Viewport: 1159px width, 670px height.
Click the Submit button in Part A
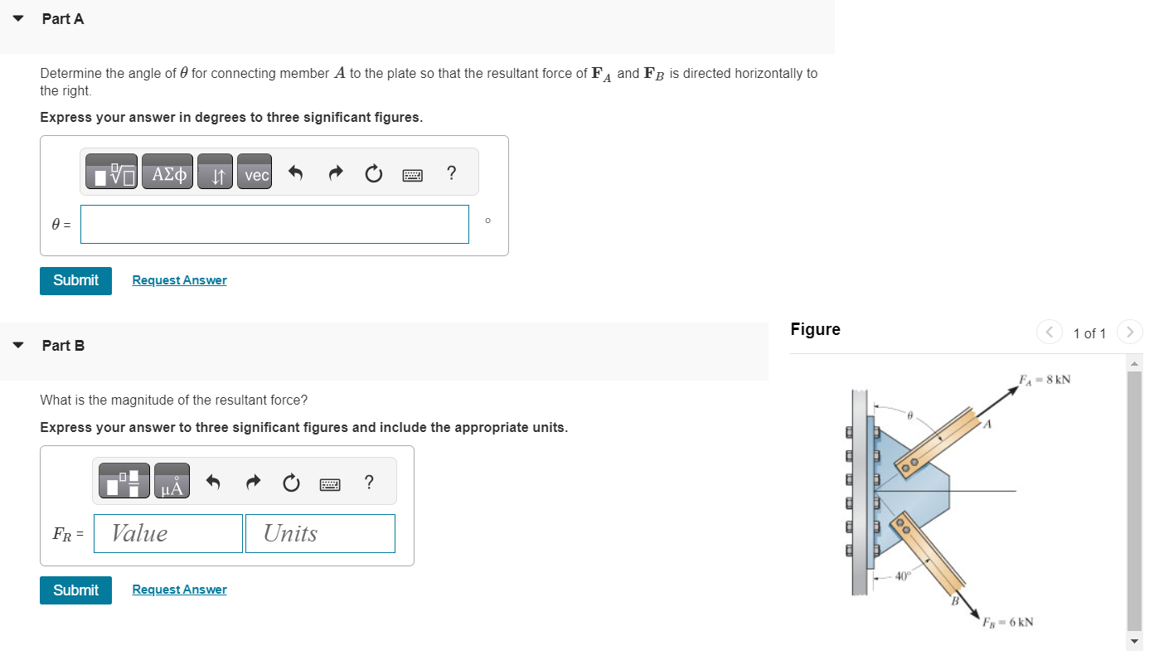75,280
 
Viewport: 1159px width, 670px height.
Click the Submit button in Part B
75,590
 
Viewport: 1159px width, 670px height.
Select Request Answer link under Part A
179,280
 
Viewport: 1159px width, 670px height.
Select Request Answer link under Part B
179,590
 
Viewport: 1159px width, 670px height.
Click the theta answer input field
274,224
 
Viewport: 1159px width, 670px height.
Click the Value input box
168,533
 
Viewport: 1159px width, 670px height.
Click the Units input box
320,533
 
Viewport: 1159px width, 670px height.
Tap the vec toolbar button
256,175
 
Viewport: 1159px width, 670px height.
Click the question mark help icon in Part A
451,173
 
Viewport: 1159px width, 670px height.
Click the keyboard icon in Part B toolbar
331,483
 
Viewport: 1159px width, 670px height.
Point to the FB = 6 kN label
1007,622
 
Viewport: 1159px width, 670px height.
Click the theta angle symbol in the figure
909,414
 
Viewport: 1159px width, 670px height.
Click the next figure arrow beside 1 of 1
1128,333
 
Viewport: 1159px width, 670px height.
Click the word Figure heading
815,329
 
